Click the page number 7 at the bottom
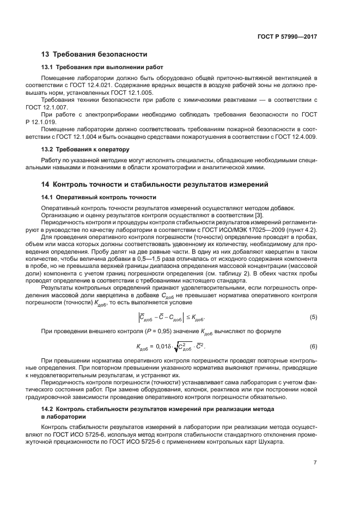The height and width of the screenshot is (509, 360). point(315,462)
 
